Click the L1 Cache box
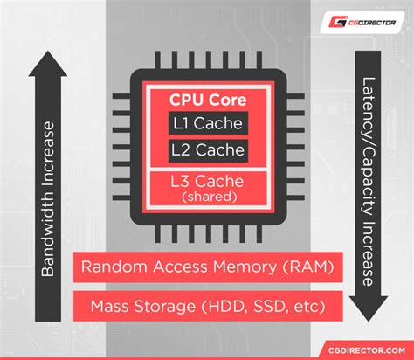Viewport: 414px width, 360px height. [208, 124]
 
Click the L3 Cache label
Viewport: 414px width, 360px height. [208, 183]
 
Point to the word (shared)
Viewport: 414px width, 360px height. [208, 197]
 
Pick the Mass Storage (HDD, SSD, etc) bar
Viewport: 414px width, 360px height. [207, 307]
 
